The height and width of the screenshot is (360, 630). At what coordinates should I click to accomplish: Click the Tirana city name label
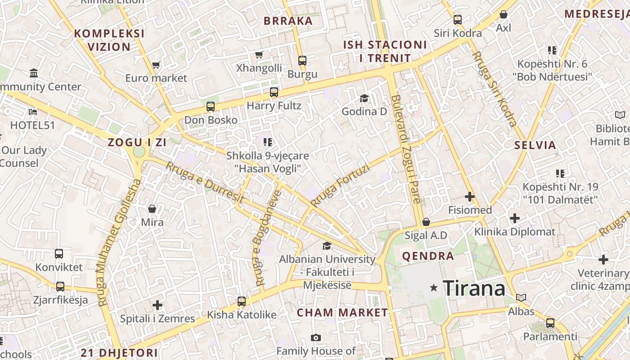click(x=474, y=288)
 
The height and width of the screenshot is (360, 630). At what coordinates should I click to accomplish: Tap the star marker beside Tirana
click(x=434, y=287)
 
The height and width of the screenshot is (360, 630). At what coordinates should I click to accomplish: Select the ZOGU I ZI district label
click(x=137, y=142)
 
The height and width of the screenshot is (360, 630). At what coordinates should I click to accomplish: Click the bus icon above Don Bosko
click(x=210, y=107)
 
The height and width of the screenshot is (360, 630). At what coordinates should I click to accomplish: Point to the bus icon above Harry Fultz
click(x=274, y=92)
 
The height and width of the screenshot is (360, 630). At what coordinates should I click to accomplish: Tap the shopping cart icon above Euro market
click(x=156, y=65)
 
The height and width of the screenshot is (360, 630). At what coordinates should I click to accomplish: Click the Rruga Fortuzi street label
click(x=340, y=185)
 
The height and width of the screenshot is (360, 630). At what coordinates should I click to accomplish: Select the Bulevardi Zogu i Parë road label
click(x=406, y=148)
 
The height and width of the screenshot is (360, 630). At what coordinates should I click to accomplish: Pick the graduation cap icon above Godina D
click(x=364, y=98)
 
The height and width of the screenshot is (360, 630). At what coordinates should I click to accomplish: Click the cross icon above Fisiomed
click(x=470, y=197)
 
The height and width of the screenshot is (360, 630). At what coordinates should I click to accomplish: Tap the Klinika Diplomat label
click(x=515, y=232)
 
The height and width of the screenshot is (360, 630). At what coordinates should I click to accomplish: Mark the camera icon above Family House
click(x=316, y=337)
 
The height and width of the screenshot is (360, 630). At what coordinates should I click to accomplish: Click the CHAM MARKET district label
click(x=342, y=312)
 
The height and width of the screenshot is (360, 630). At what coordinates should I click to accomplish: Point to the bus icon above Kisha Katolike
click(x=242, y=301)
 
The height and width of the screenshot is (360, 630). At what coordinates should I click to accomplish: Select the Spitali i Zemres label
click(x=157, y=319)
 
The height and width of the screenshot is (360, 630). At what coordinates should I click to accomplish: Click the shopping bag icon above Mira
click(x=152, y=209)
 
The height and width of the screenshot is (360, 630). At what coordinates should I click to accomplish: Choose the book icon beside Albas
click(x=521, y=298)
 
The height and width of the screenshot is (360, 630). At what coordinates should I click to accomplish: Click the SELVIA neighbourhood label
click(x=535, y=145)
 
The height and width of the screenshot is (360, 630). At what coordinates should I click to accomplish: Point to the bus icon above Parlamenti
click(x=550, y=323)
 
